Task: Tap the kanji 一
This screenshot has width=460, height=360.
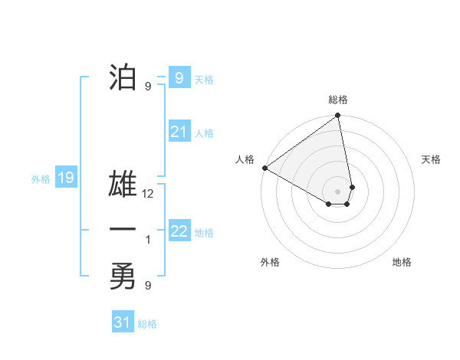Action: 123,229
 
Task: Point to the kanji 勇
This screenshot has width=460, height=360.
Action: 123,276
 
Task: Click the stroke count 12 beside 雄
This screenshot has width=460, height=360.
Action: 149,194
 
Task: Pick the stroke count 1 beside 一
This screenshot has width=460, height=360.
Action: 148,240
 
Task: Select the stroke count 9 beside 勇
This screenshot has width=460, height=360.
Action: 148,286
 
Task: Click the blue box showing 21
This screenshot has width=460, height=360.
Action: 179,132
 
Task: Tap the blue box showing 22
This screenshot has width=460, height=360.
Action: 179,231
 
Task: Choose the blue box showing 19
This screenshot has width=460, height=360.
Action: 65,178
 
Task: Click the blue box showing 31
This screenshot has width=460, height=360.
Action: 123,322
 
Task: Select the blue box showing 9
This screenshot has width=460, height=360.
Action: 179,77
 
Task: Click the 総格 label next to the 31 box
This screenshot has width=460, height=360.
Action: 147,324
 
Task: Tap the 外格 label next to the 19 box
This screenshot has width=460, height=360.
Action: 41,179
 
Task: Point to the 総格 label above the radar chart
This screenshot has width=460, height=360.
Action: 338,100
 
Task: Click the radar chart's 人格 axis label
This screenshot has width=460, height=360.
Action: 245,159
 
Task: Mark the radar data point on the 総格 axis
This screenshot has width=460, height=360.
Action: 338,116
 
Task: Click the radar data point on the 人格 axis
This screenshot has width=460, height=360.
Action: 264,168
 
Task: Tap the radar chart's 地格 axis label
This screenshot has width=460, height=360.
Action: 402,262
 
